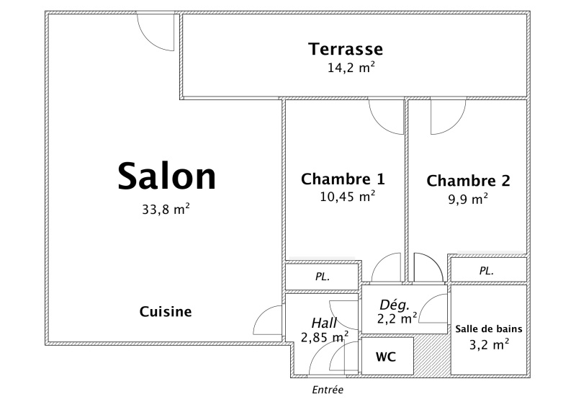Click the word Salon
167,176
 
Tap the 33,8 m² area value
166,209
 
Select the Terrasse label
346,49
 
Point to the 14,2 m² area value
351,67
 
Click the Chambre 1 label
343,179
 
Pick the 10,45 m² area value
348,197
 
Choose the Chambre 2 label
469,181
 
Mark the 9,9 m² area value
468,199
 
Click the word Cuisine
166,312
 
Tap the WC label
386,357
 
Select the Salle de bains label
489,328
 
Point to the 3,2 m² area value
490,344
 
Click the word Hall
324,323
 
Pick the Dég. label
395,305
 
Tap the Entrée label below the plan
328,390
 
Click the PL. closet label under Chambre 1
323,277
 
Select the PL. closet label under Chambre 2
487,271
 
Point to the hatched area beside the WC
432,355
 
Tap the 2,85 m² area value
325,337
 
